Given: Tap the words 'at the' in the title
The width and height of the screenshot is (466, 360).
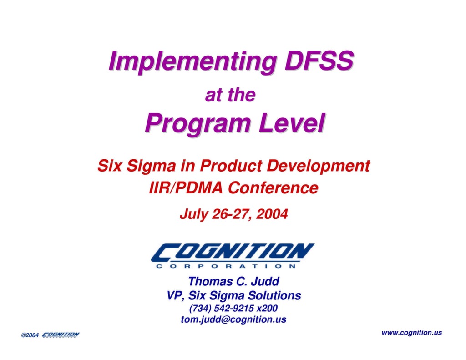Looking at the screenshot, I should [x=230, y=96].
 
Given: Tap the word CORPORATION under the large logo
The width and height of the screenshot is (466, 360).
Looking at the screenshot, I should [x=226, y=266].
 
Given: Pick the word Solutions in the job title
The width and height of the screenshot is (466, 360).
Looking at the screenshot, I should [x=274, y=295].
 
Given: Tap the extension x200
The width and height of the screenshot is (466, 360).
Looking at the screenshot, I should [x=267, y=308].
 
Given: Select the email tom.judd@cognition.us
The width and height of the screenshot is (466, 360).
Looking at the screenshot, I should [x=233, y=319].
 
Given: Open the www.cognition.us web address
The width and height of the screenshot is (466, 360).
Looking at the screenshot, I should [x=411, y=333].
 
